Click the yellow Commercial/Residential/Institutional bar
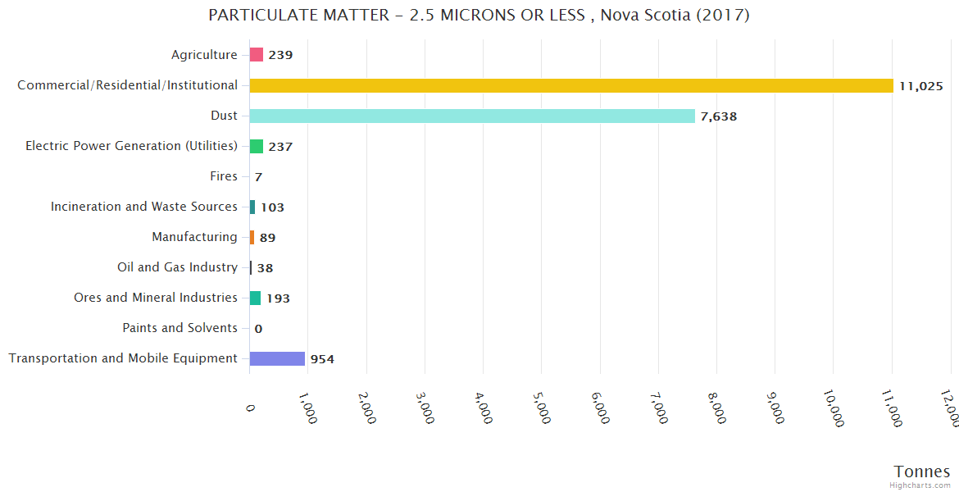(571, 85)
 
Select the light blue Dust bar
(472, 116)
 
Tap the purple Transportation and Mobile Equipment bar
(277, 358)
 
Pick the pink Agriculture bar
(257, 55)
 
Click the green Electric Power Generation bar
(257, 146)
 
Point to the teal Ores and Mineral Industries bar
(255, 298)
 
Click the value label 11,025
(921, 86)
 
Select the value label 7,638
(719, 116)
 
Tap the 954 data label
(322, 359)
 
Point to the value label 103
(272, 207)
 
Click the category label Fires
(224, 176)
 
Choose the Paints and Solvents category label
(180, 328)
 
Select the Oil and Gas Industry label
(177, 267)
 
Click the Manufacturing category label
(194, 237)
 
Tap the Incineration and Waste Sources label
(144, 207)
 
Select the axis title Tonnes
(922, 471)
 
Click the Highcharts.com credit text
(920, 485)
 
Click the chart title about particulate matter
(479, 16)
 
